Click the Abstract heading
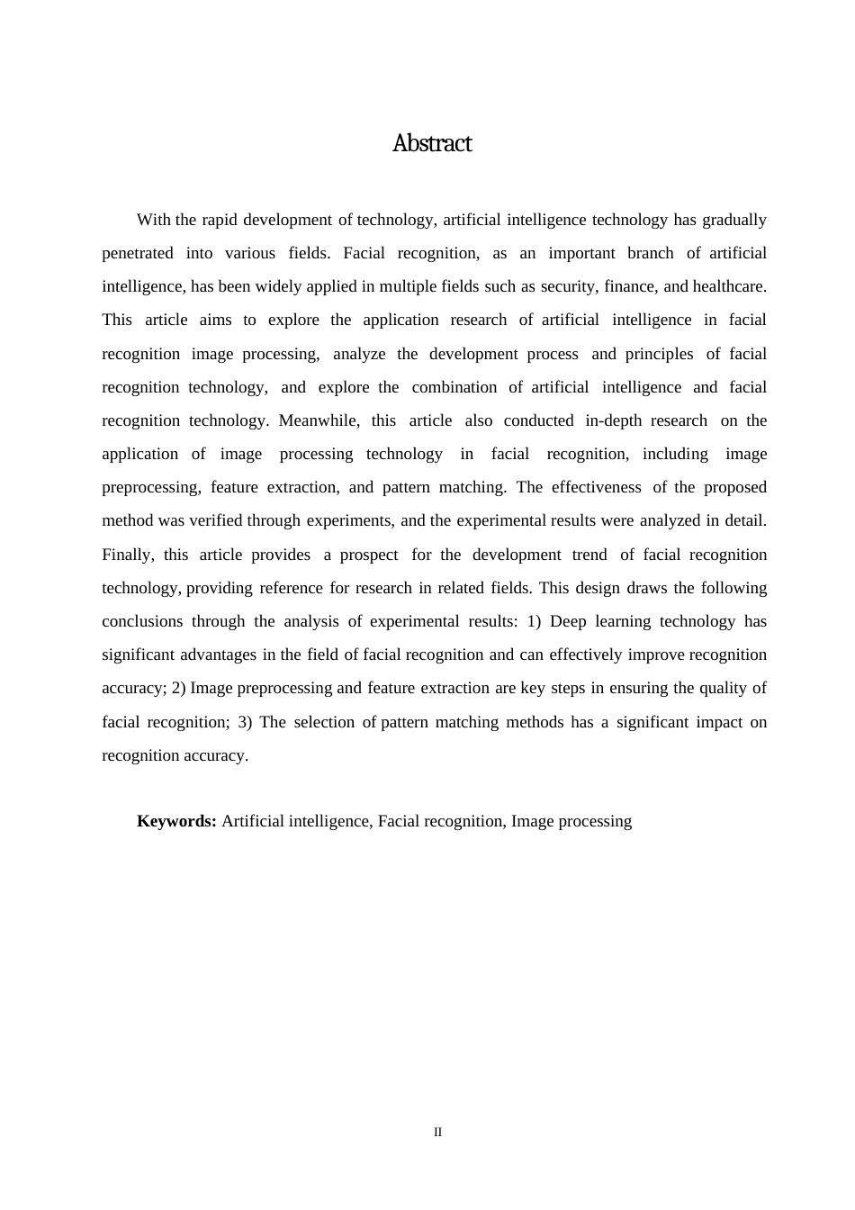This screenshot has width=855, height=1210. (x=432, y=144)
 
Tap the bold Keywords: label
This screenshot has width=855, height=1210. (x=176, y=821)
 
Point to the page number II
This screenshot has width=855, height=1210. (x=438, y=1133)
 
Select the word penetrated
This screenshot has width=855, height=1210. (x=138, y=253)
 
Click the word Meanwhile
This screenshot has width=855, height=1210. (x=319, y=420)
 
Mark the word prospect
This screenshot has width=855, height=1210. (x=369, y=555)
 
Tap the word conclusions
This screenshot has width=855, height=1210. (x=142, y=621)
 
